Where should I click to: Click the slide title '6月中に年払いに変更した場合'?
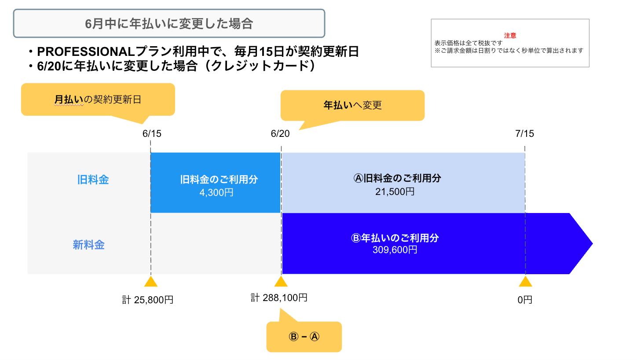[169, 23]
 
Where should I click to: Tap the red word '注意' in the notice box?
[510, 36]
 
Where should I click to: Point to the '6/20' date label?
[280, 133]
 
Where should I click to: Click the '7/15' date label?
[524, 133]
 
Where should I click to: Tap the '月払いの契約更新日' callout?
[98, 100]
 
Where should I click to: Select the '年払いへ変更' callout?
[352, 106]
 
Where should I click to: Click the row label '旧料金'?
[93, 180]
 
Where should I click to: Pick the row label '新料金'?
[89, 245]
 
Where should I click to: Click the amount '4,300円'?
[216, 192]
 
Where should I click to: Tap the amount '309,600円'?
[395, 250]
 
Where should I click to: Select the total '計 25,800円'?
[148, 300]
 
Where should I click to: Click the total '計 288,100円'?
[279, 298]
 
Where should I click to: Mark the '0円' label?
[525, 300]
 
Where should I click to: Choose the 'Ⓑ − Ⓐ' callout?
[304, 337]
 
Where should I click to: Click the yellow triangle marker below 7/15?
[525, 282]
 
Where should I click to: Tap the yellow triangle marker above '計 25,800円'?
[151, 282]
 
